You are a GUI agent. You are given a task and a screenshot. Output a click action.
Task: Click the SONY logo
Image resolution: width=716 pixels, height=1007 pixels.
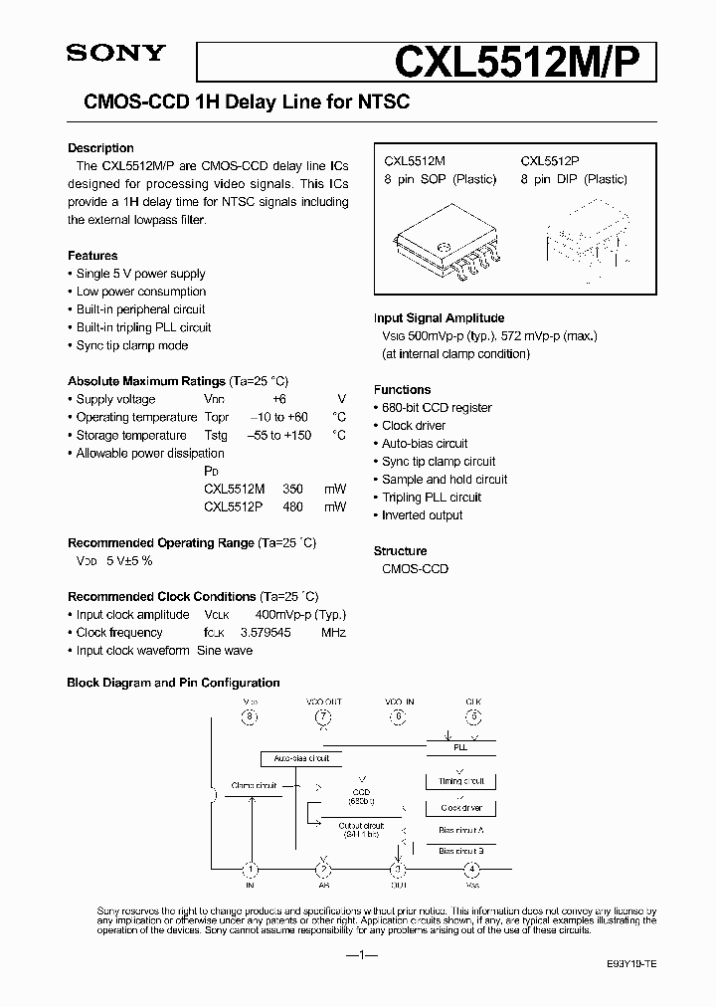tap(114, 55)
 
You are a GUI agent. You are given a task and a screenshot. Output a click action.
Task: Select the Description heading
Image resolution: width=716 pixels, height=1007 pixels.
tap(100, 148)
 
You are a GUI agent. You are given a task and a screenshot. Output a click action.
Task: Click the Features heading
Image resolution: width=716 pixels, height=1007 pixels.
tap(92, 256)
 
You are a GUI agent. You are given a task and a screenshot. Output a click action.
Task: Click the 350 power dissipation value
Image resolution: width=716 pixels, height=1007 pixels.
tap(293, 489)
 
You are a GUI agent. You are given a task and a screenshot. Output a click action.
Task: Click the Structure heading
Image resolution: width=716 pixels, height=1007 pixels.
tap(401, 550)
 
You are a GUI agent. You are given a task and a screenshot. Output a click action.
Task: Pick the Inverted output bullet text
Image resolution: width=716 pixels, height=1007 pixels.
tap(423, 514)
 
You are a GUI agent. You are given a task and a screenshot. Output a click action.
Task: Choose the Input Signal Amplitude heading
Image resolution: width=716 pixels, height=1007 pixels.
tap(439, 317)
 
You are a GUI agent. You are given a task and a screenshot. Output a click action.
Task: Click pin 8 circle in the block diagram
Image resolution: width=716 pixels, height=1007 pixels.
tap(251, 716)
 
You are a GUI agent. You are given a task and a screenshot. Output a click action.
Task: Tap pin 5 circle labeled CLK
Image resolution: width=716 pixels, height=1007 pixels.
tap(473, 716)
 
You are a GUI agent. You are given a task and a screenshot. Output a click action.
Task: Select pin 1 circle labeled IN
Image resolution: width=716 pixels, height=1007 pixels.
tap(251, 869)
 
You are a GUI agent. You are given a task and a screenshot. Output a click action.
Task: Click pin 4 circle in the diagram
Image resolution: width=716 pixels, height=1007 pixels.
tap(472, 869)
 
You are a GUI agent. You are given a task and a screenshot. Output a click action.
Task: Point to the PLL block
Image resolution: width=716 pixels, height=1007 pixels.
tap(459, 745)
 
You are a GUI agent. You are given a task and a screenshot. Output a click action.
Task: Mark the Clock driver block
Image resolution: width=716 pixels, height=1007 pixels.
tap(460, 807)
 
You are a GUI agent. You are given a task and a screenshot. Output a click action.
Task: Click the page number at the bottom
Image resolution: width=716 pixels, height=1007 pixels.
tap(357, 954)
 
